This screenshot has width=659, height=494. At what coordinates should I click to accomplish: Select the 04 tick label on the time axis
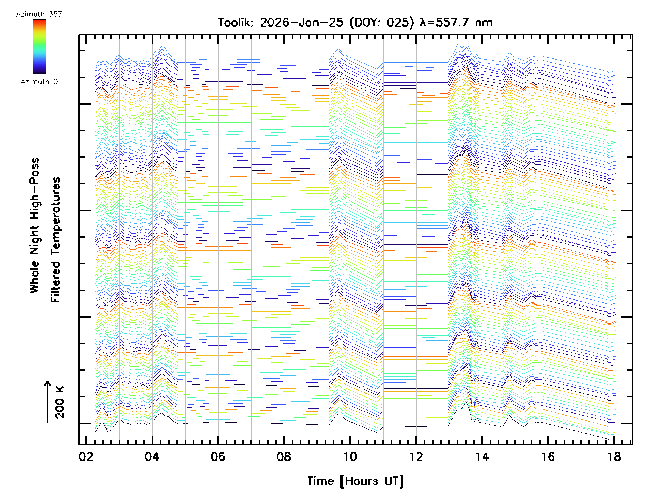pos(152,456)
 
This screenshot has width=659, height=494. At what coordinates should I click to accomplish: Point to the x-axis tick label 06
pos(218,456)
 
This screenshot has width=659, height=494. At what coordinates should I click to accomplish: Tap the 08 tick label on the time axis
pos(284,456)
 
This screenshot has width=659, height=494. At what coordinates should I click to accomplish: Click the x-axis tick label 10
pos(350,456)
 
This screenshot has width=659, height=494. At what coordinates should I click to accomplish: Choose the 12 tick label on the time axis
pos(416,456)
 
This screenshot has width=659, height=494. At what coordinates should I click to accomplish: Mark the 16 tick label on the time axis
pos(548,456)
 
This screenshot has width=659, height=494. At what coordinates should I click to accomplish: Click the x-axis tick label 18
pos(614,456)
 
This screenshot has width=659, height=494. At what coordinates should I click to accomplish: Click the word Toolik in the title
pos(236,23)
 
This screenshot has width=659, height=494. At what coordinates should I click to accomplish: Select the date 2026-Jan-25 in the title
pos(301,23)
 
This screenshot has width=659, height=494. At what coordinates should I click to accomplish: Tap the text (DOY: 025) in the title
pos(382,23)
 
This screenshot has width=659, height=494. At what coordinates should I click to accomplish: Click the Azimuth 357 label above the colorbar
pos(39,14)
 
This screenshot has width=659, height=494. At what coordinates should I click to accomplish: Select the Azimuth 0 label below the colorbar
pos(39,82)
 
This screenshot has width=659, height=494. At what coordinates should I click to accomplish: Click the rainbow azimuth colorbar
pos(40,47)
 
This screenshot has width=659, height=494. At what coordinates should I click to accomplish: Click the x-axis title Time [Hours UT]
pos(355,481)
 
